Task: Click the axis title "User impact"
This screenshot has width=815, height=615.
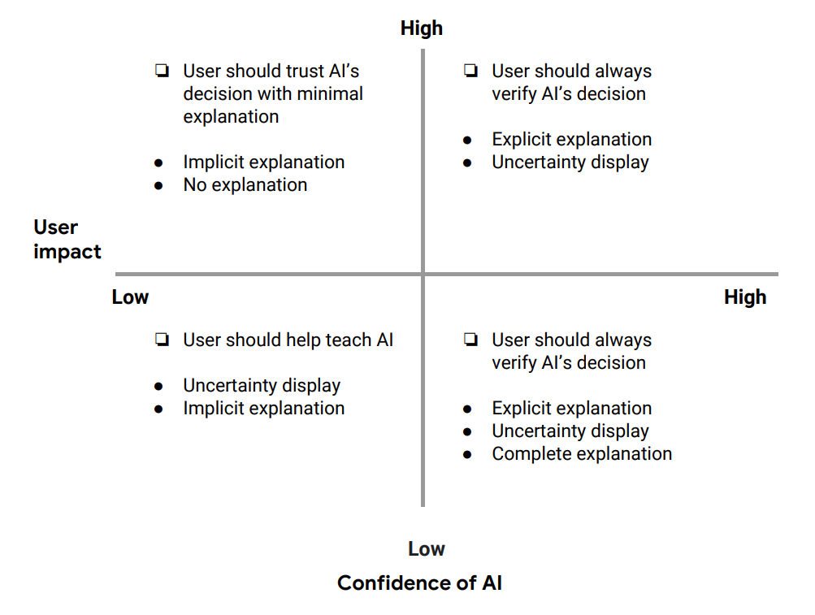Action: tap(67, 240)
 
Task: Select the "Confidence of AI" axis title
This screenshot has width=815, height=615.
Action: tap(419, 583)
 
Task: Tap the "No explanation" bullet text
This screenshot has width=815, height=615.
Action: tap(245, 185)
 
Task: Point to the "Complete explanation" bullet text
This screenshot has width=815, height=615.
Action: tap(582, 454)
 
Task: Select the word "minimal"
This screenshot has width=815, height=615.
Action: tap(329, 94)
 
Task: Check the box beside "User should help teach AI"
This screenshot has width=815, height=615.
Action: tap(162, 340)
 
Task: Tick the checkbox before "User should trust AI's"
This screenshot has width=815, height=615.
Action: tap(162, 71)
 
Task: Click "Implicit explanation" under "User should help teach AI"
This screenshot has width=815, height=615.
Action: tap(263, 409)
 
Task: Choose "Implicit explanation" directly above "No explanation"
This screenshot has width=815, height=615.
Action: tap(263, 162)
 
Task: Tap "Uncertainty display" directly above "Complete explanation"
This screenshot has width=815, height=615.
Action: tap(570, 431)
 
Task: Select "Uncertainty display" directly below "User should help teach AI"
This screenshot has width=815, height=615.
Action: tap(262, 386)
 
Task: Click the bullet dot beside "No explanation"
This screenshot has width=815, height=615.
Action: tap(159, 186)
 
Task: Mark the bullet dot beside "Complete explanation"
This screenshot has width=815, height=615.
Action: tap(468, 455)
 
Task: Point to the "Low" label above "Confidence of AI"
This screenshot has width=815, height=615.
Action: tap(427, 549)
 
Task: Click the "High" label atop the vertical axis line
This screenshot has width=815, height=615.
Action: tap(422, 28)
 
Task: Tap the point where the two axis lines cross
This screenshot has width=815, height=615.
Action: tap(423, 274)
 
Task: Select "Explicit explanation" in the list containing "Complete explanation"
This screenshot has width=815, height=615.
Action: tap(571, 409)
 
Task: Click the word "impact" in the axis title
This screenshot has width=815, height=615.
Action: tap(67, 252)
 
